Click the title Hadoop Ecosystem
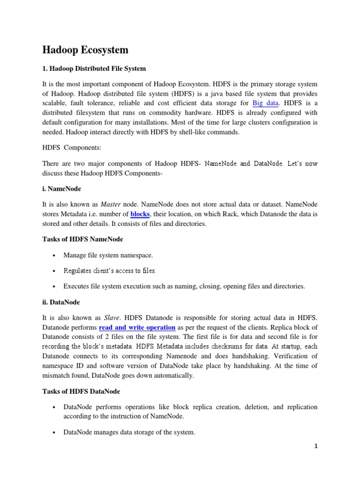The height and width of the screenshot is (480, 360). pos(85,50)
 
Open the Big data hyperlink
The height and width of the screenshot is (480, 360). pos(265,103)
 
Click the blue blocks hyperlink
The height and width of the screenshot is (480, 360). pos(140,214)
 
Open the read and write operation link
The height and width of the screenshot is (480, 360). pos(137,327)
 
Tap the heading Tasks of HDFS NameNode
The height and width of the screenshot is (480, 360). pos(82,239)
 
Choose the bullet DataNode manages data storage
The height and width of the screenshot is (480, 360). pos(129,432)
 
